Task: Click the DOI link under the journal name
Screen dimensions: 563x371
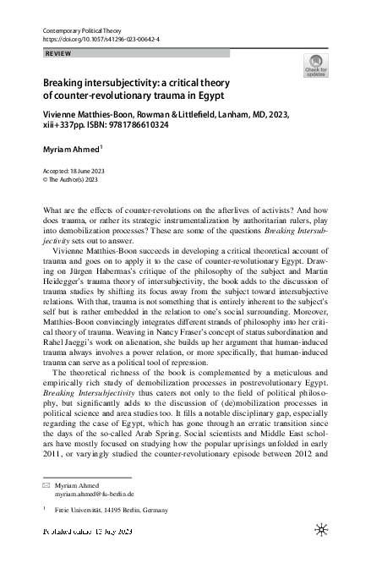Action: pos(95,40)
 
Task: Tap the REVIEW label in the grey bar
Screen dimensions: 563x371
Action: pos(57,52)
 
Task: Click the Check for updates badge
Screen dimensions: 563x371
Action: pos(314,67)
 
